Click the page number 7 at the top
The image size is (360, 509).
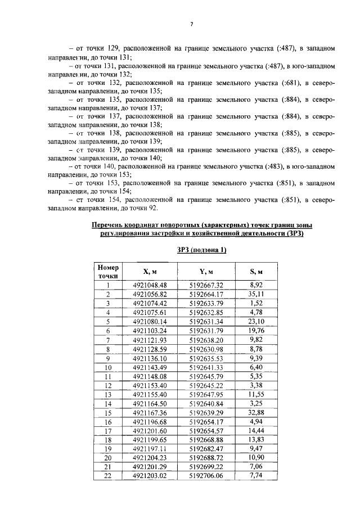click(191, 24)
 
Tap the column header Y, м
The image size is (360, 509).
click(206, 272)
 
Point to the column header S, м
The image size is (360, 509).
click(256, 272)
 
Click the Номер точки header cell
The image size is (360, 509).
click(107, 272)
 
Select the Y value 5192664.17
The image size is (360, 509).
click(206, 294)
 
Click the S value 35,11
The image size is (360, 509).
click(256, 294)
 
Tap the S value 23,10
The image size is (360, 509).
click(256, 321)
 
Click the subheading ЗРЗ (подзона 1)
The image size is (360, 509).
click(201, 250)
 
